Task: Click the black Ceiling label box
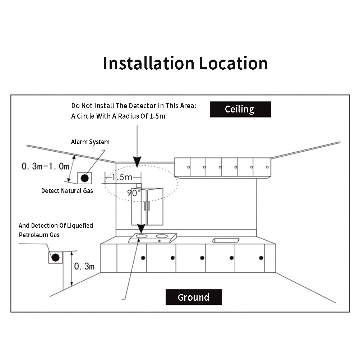(x=240, y=109)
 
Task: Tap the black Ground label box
(x=193, y=297)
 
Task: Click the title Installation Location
(x=185, y=63)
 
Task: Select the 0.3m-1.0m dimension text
(x=45, y=166)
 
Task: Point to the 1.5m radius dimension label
(x=122, y=177)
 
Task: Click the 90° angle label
(x=134, y=193)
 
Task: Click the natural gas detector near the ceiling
(x=85, y=177)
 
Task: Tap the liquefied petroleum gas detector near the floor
(x=55, y=257)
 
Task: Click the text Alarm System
(x=90, y=142)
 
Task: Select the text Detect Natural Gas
(x=67, y=191)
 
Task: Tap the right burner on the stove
(x=162, y=236)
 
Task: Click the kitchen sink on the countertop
(x=226, y=240)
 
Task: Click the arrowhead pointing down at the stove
(x=141, y=229)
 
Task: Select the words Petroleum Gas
(x=39, y=235)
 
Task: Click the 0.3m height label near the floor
(x=84, y=266)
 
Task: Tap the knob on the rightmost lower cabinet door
(x=261, y=258)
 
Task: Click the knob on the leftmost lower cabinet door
(x=143, y=258)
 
